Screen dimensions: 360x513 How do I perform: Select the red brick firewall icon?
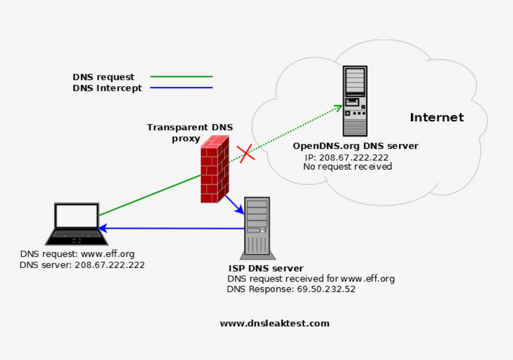[x=214, y=170]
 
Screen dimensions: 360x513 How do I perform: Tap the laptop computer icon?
[x=77, y=225]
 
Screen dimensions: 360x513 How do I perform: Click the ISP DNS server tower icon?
[x=256, y=227]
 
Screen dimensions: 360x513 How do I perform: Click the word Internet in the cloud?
[x=436, y=118]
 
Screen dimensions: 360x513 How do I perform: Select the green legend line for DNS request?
[x=181, y=77]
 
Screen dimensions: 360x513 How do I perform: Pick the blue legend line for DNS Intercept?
[x=181, y=88]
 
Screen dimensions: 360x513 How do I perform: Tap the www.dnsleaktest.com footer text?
[x=274, y=323]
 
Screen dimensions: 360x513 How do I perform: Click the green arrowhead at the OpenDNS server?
[x=338, y=107]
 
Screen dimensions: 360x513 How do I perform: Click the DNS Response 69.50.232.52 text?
[x=291, y=289]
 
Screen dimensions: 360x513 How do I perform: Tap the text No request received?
[x=347, y=166]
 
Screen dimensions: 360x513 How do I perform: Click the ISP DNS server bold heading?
[x=266, y=268]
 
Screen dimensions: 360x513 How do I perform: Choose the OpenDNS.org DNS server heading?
[x=356, y=146]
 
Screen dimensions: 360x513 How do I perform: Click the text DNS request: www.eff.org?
[x=77, y=254]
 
